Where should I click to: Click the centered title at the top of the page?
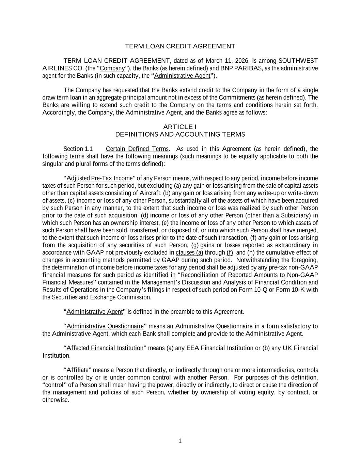tap(180, 46)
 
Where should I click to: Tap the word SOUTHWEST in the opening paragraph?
tap(298, 61)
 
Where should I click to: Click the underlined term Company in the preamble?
tap(112, 68)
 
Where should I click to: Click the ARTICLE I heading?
tap(180, 127)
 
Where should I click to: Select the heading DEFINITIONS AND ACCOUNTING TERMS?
tap(180, 134)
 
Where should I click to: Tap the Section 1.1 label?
tap(78, 149)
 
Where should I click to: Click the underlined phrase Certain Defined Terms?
tap(137, 149)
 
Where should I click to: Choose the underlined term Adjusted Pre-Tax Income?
tap(99, 178)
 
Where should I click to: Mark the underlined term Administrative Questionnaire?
tap(105, 326)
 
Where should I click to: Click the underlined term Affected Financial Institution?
tap(105, 348)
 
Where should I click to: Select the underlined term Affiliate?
tap(77, 370)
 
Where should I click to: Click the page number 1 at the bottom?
tap(180, 441)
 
